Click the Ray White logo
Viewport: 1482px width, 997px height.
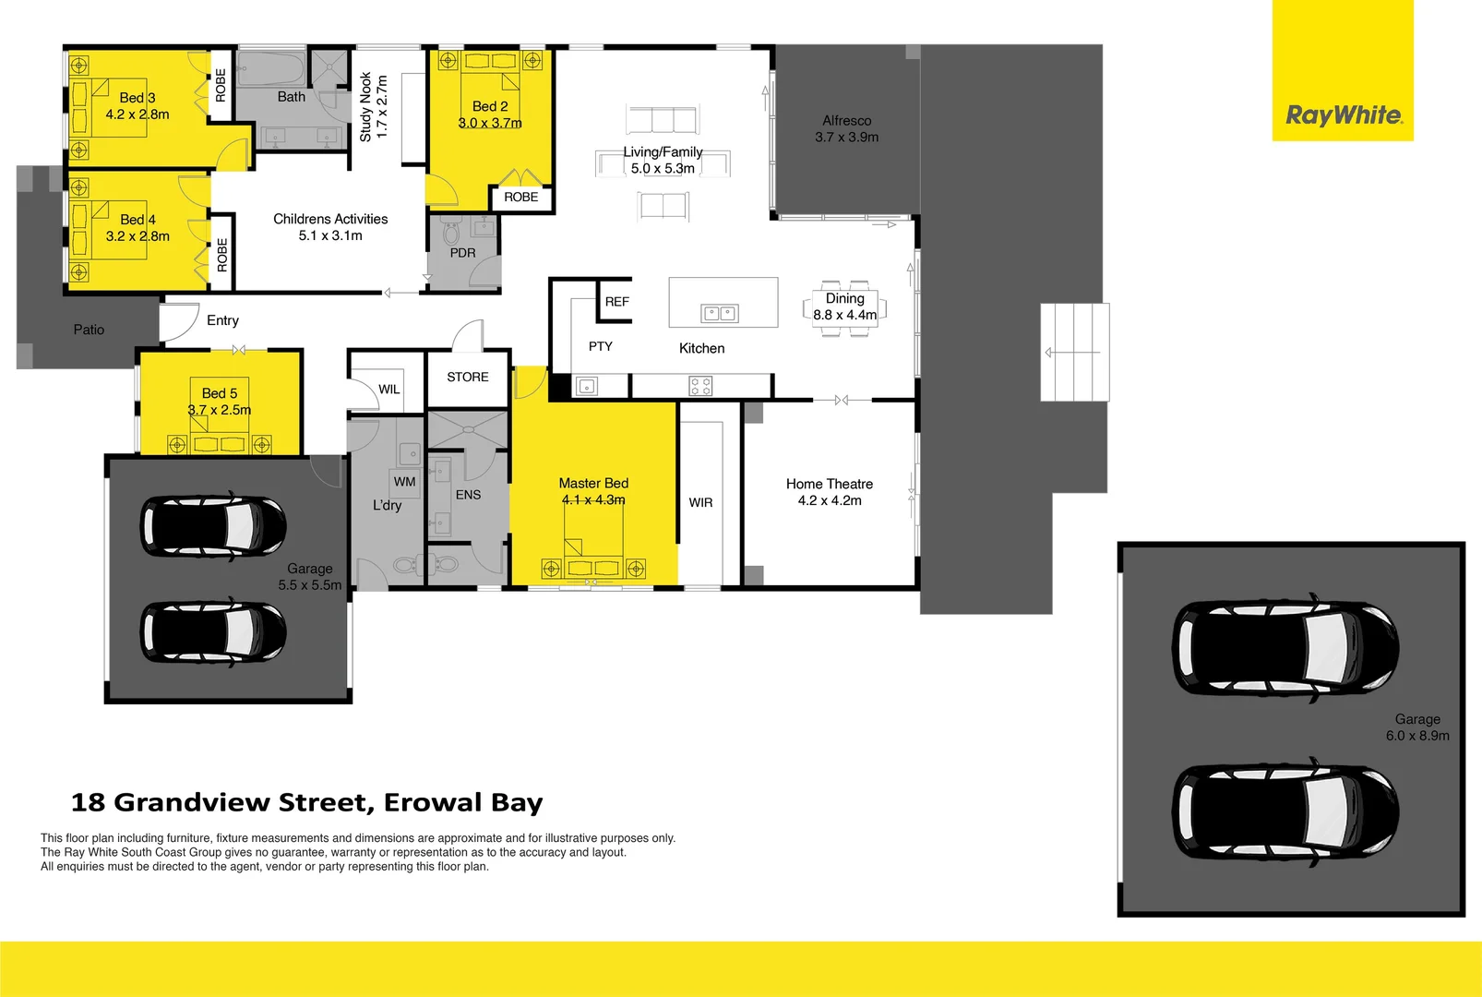click(x=1343, y=115)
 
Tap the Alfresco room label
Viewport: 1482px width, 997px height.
click(x=846, y=120)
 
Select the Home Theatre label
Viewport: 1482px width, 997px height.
click(x=829, y=484)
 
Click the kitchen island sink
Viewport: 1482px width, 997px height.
click(x=720, y=314)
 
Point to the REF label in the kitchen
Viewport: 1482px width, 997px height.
click(x=616, y=302)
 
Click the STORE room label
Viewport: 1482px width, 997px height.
click(x=467, y=377)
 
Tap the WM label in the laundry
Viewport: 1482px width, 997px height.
click(x=404, y=481)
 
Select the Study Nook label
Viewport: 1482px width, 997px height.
click(x=365, y=106)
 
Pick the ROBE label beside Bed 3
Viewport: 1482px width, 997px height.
click(x=221, y=85)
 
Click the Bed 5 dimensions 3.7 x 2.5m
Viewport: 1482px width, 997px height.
click(x=220, y=410)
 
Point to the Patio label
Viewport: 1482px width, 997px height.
click(x=89, y=330)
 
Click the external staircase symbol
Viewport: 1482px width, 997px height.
click(x=1074, y=352)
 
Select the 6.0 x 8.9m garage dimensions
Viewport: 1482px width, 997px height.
click(x=1416, y=736)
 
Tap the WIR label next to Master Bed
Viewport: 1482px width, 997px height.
click(x=700, y=502)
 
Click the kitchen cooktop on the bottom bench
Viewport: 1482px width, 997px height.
click(x=700, y=386)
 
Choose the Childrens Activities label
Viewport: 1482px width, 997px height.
click(x=330, y=219)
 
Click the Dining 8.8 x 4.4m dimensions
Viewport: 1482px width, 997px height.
click(x=844, y=315)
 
